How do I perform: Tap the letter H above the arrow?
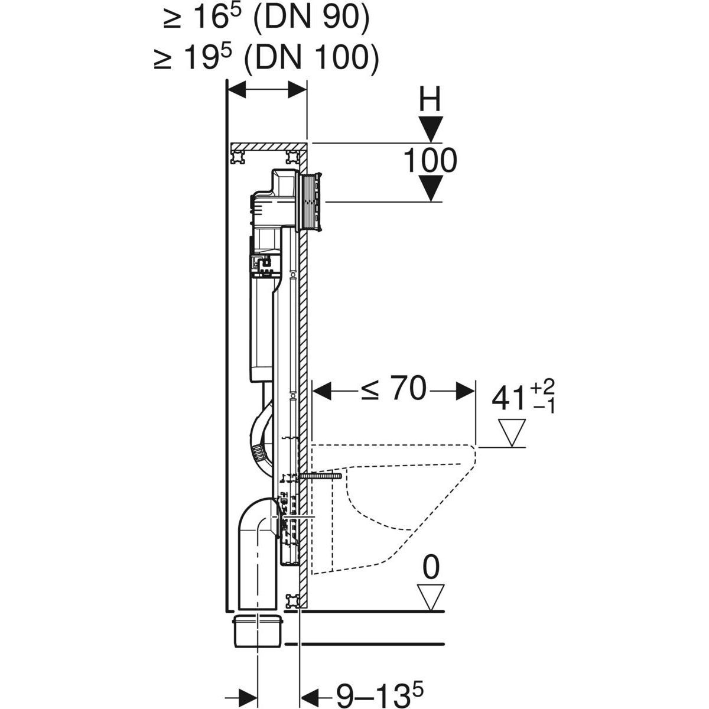[x=430, y=99]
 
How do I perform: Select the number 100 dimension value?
[x=430, y=160]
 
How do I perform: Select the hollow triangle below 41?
[x=512, y=432]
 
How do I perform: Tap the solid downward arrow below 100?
[x=430, y=188]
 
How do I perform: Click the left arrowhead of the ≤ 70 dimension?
[x=321, y=391]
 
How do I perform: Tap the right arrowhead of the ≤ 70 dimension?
[x=465, y=391]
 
